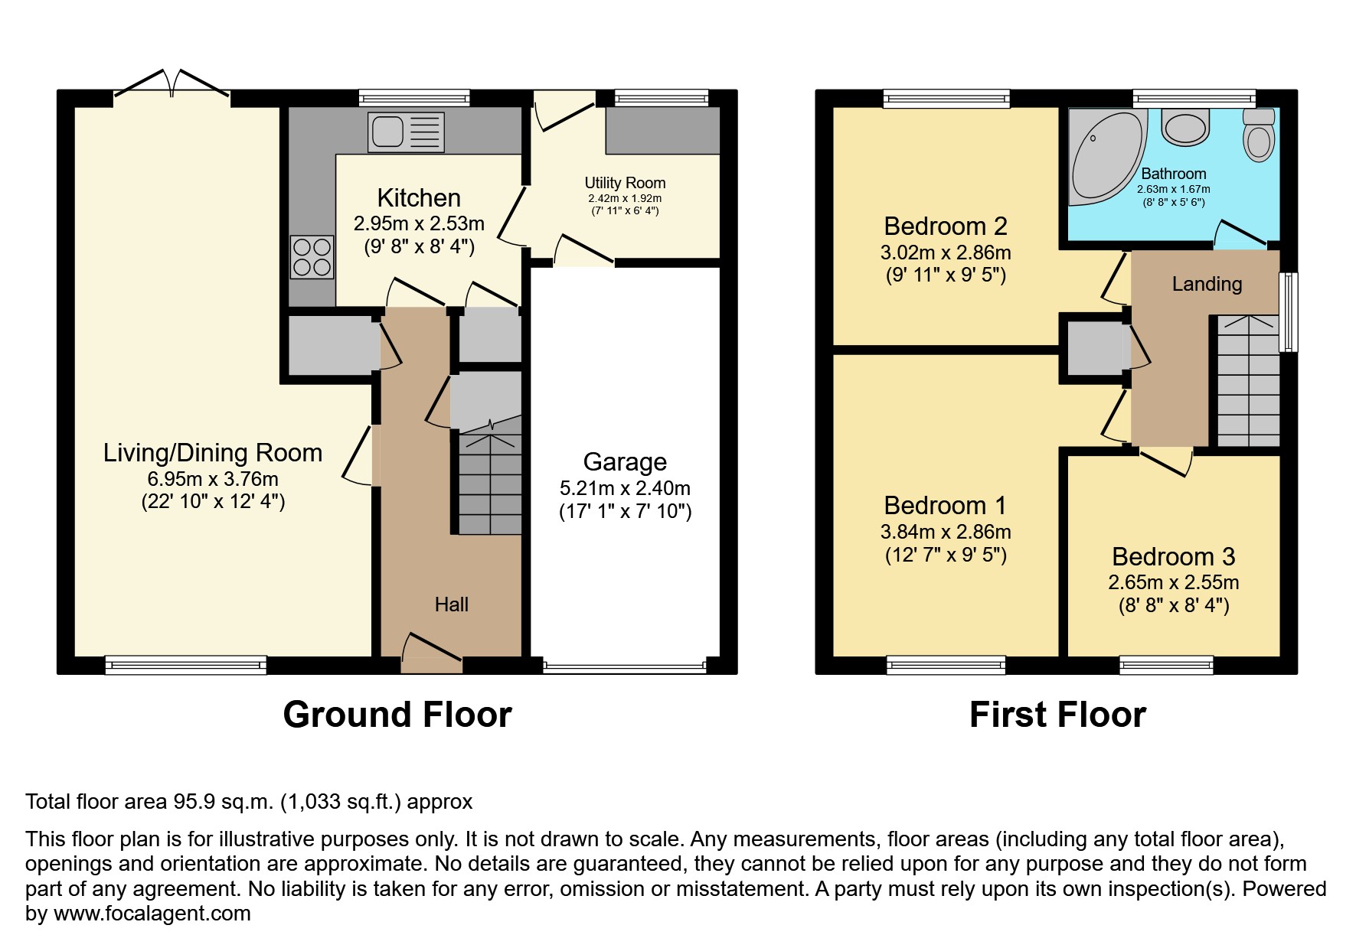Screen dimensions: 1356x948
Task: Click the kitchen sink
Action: pyautogui.click(x=406, y=132)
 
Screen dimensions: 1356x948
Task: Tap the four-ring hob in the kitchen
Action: pyautogui.click(x=312, y=256)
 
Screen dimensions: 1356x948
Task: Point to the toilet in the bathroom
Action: pyautogui.click(x=1258, y=135)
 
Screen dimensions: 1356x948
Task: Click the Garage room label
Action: pyautogui.click(x=625, y=462)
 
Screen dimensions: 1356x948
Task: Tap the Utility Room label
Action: pyautogui.click(x=625, y=183)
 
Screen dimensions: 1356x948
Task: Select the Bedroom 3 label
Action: pyautogui.click(x=1173, y=556)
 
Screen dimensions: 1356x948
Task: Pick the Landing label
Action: pyautogui.click(x=1207, y=284)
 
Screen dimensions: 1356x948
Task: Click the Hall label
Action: pyautogui.click(x=452, y=604)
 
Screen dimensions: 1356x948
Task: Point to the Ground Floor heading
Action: pyautogui.click(x=397, y=715)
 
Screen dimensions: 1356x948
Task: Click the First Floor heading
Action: pyautogui.click(x=1057, y=715)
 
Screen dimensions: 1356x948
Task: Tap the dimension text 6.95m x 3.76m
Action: pyautogui.click(x=213, y=479)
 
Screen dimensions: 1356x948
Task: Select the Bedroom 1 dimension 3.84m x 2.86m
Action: pyautogui.click(x=946, y=532)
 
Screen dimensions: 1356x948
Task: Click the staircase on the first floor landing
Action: pyautogui.click(x=1248, y=381)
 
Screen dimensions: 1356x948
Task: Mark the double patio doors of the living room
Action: pyautogui.click(x=172, y=86)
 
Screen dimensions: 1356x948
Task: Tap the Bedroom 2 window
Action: pyautogui.click(x=946, y=99)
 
